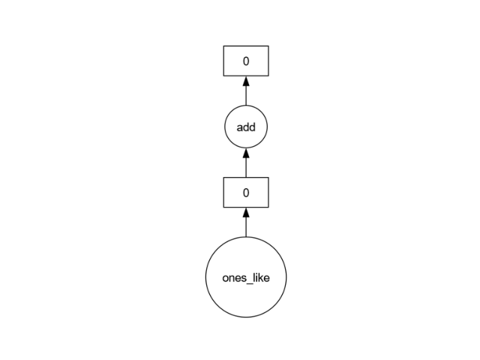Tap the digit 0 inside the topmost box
point(246,61)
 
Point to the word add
point(246,127)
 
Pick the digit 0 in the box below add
point(246,193)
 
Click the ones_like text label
point(246,278)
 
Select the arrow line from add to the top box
point(246,91)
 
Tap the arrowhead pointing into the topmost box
point(246,81)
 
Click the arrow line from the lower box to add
point(246,163)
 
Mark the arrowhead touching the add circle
point(246,153)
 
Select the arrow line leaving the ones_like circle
point(246,222)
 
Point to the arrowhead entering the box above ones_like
point(246,212)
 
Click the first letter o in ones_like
point(225,278)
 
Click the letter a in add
point(240,128)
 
